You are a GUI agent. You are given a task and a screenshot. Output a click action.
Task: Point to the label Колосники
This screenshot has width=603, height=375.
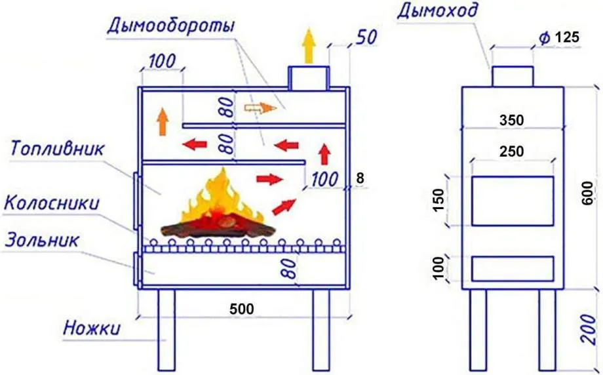[52, 203]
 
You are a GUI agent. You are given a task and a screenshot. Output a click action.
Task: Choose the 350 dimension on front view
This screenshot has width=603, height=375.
[511, 121]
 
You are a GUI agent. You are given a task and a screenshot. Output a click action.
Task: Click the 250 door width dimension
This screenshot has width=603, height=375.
[511, 151]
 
